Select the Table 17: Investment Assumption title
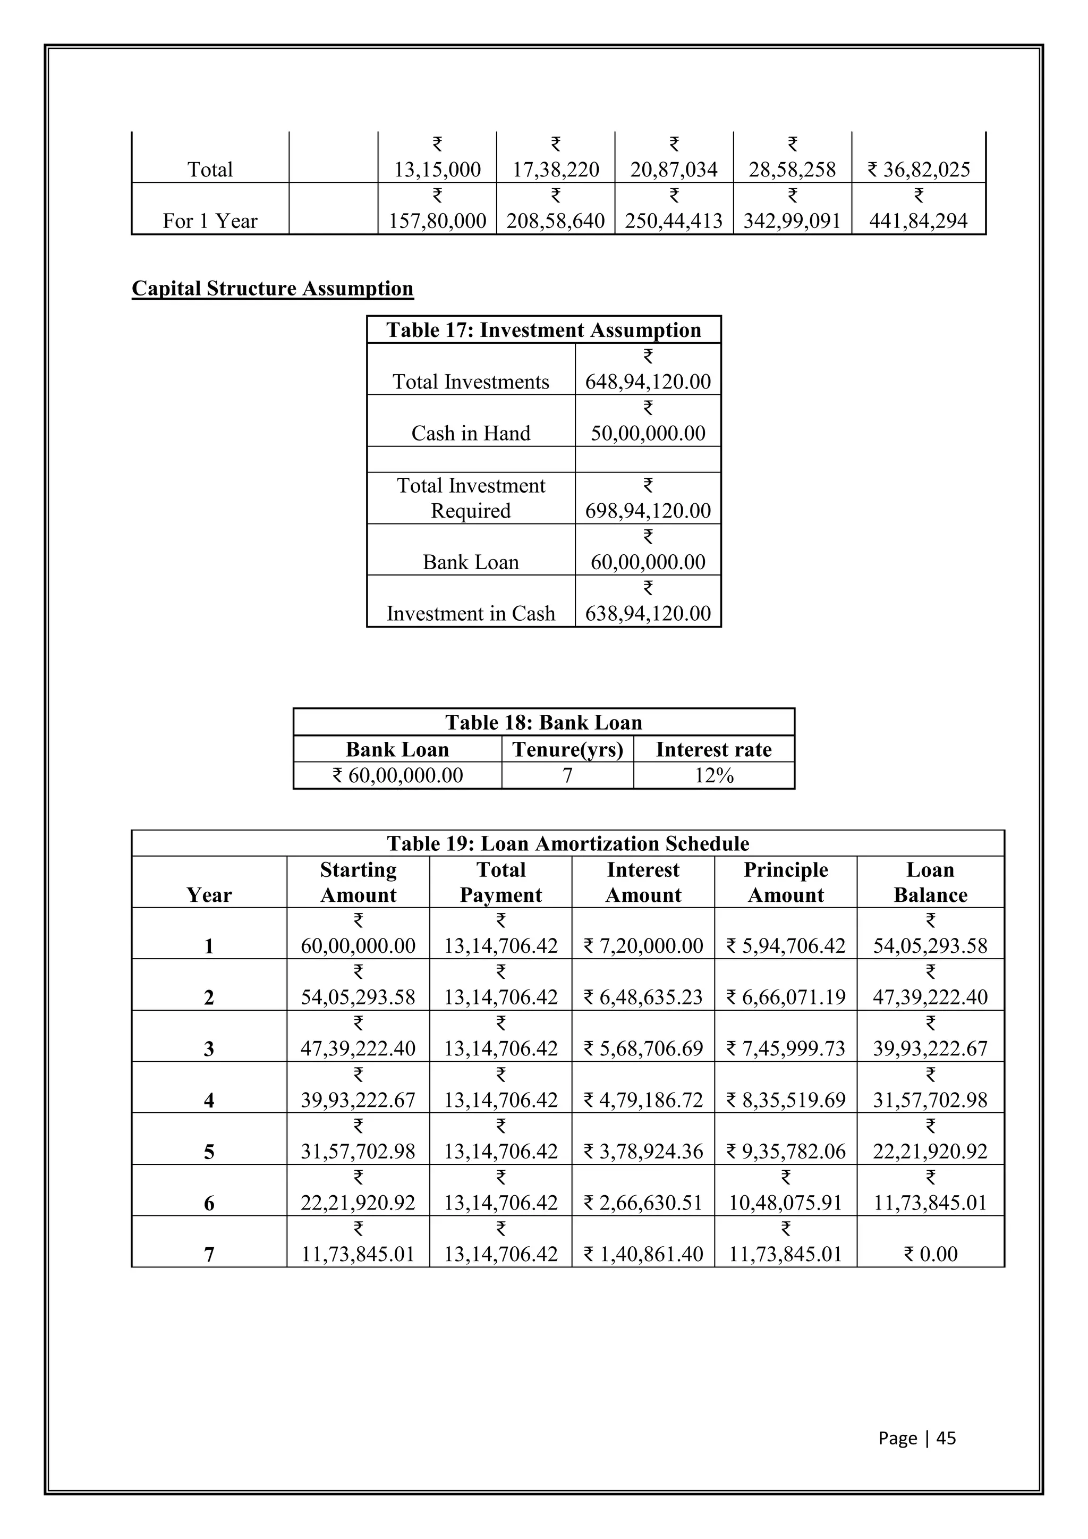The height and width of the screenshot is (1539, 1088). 543,330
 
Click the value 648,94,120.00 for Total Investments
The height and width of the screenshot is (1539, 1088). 648,382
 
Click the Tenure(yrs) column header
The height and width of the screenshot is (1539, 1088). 567,749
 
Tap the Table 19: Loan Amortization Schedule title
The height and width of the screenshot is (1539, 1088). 567,843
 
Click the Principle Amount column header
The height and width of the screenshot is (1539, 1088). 785,882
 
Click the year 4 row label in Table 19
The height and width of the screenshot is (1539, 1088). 209,1100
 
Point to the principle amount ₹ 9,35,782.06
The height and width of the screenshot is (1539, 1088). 785,1151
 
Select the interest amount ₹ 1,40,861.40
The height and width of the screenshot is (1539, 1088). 643,1254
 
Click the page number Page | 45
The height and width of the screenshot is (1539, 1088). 916,1438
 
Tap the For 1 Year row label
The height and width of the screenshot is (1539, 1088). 210,221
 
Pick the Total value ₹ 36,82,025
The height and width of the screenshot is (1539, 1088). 919,169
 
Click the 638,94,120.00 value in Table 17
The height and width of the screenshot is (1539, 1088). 648,613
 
